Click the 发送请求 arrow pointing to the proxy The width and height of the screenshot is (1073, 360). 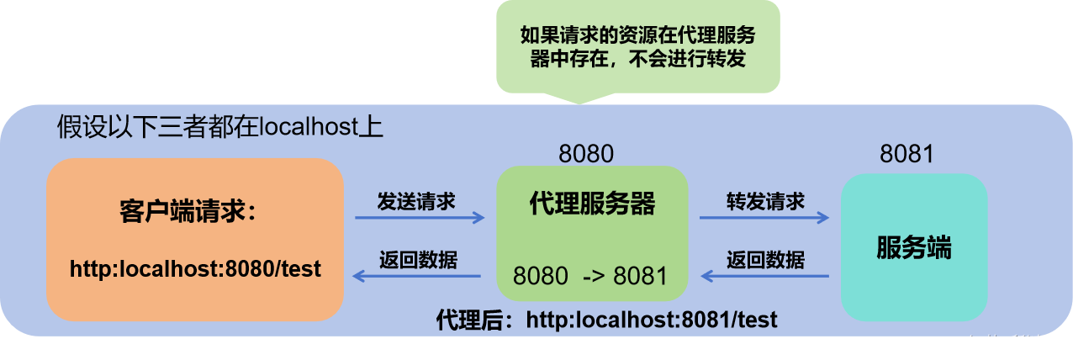click(x=420, y=218)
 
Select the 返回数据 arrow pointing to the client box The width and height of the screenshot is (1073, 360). click(x=416, y=276)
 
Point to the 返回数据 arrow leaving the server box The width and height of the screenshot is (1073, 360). click(x=765, y=276)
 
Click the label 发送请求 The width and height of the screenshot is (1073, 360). click(x=416, y=202)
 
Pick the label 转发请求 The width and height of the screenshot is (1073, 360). click(x=765, y=202)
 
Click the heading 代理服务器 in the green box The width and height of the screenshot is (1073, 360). click(x=592, y=204)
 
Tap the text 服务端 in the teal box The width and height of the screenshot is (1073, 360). click(x=914, y=249)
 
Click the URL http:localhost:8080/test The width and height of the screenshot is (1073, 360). click(x=195, y=268)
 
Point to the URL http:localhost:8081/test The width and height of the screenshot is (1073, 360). click(x=651, y=320)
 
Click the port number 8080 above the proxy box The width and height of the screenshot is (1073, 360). click(x=586, y=153)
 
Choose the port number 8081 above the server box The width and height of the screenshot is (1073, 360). click(x=907, y=154)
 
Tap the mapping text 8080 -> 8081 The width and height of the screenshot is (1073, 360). click(x=590, y=276)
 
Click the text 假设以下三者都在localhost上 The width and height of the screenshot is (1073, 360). click(x=220, y=128)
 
